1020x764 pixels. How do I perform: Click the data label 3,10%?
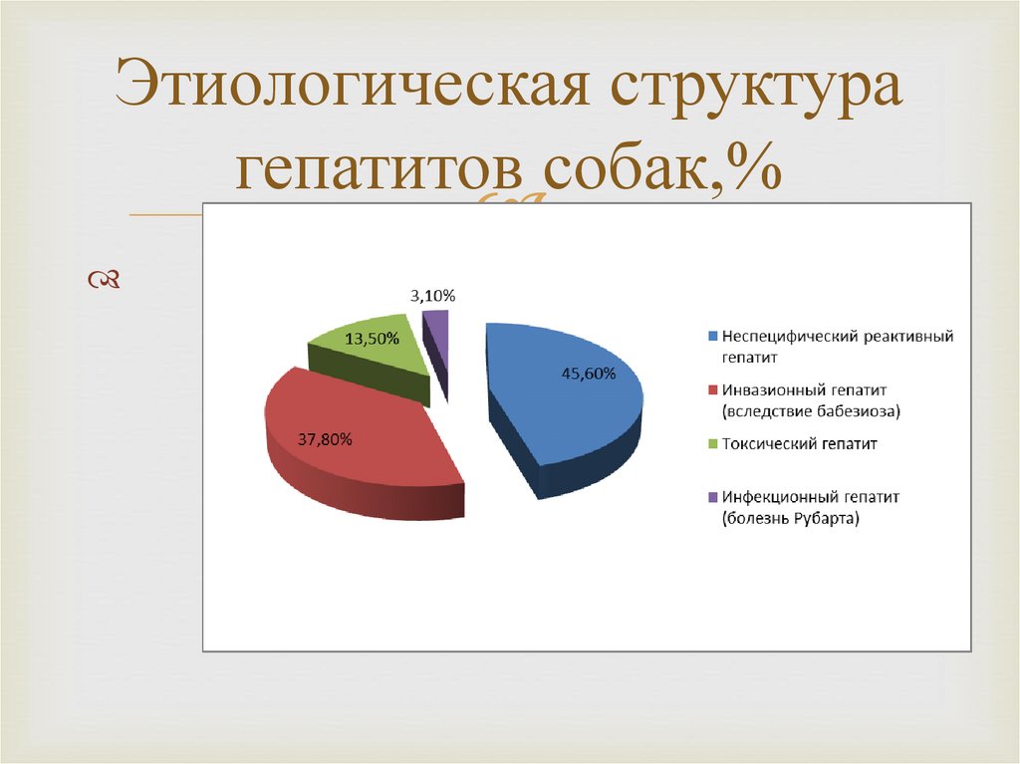tap(432, 296)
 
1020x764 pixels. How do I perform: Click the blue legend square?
tap(713, 337)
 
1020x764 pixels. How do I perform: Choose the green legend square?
tap(713, 442)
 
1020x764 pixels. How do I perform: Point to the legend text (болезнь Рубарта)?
tap(791, 519)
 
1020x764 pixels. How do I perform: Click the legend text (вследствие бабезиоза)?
tap(804, 410)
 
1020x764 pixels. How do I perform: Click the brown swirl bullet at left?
tap(104, 282)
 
